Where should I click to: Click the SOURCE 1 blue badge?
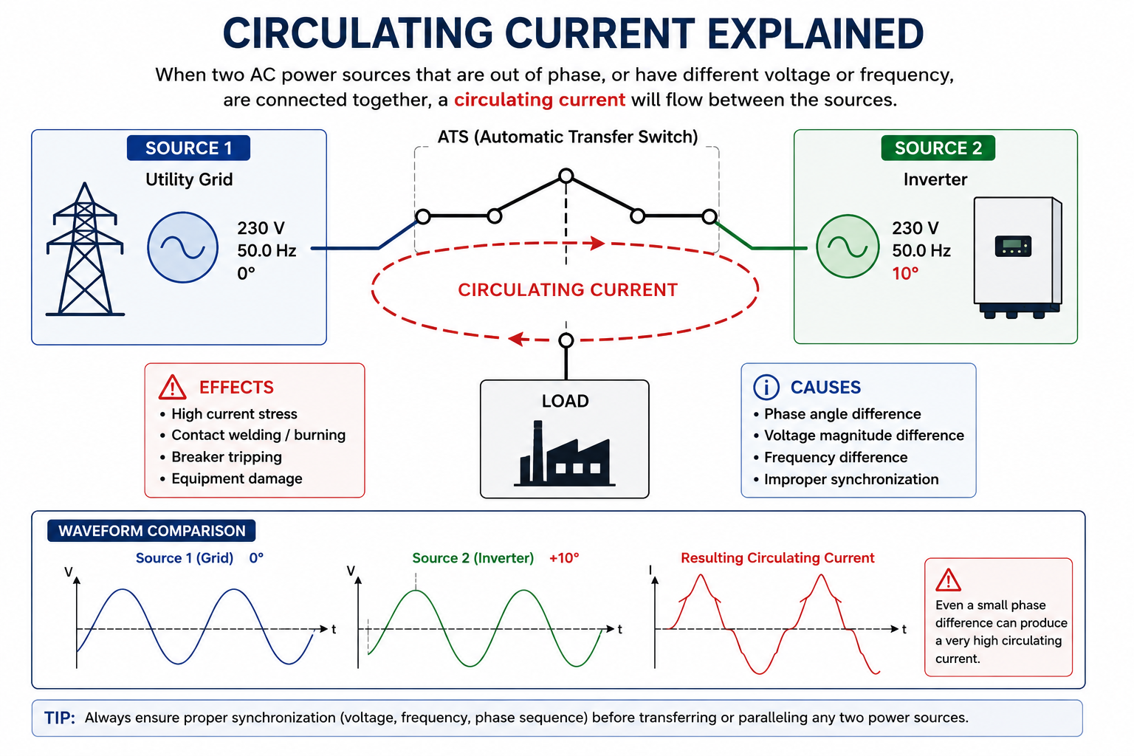coord(188,148)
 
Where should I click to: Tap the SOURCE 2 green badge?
coord(938,148)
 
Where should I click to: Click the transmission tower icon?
coord(85,249)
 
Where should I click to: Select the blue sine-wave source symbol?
coord(183,247)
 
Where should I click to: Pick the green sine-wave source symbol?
coord(848,247)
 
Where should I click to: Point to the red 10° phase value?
coord(905,273)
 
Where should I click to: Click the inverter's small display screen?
coord(1013,246)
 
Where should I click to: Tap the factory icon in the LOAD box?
coord(565,454)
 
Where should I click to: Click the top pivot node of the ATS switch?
coord(566,176)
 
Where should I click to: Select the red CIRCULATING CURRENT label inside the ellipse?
coord(568,290)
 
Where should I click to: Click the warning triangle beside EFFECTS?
coord(172,387)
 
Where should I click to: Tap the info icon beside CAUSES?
coord(766,388)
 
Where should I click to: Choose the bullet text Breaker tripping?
coord(227,457)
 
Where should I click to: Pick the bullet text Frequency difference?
coord(835,457)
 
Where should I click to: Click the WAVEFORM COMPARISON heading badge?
coord(151,531)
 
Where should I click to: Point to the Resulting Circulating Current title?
coord(777,558)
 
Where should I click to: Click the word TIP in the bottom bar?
coord(59,718)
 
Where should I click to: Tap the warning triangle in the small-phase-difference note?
coord(948,580)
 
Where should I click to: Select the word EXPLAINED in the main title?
coord(815,34)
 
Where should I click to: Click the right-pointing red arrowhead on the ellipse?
coord(598,243)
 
